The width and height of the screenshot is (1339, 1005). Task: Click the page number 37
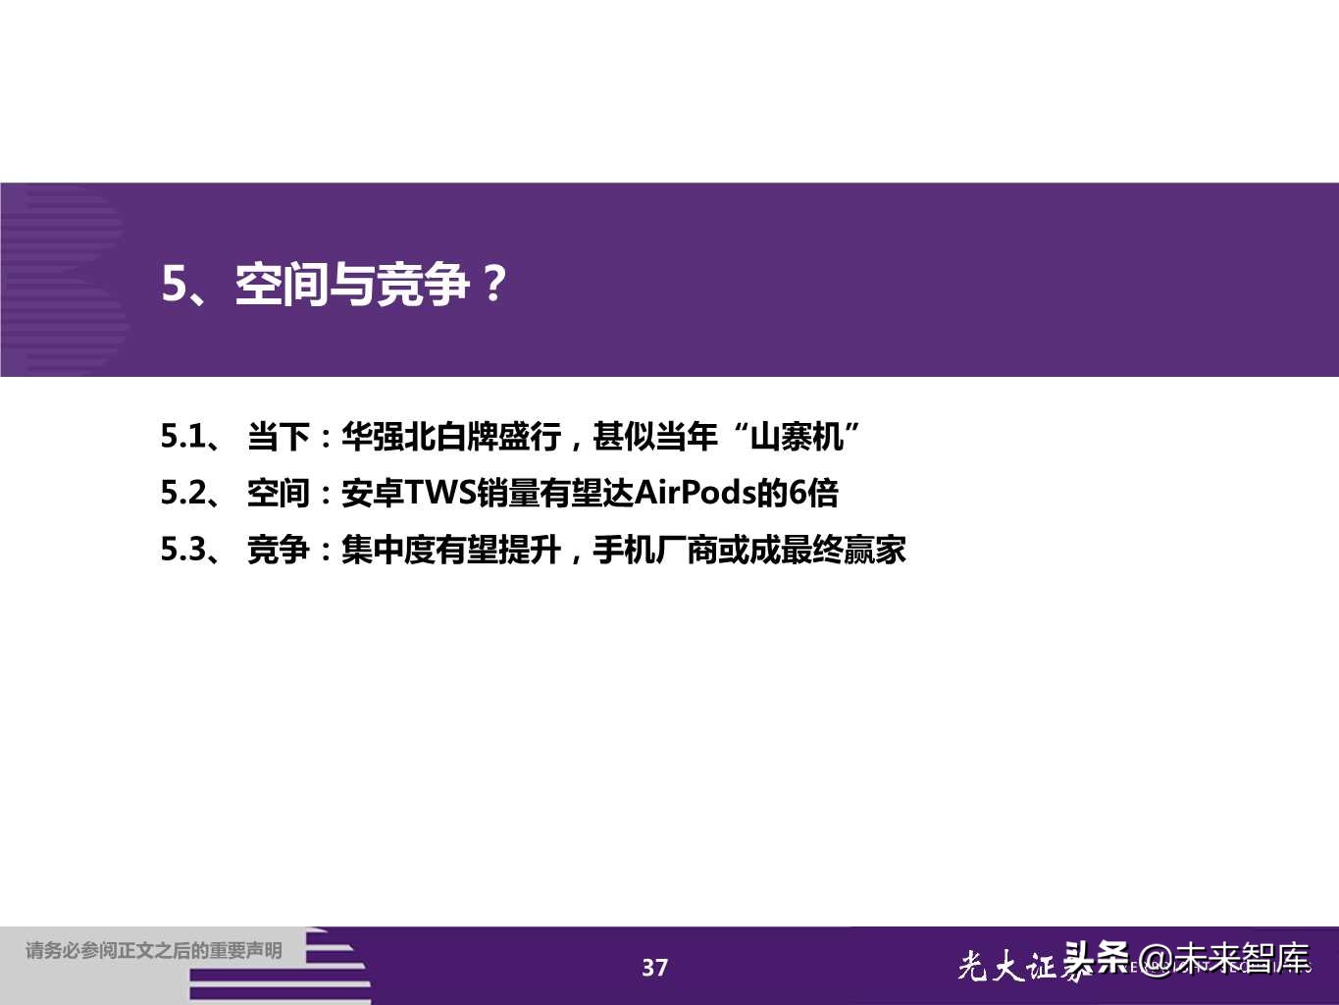pos(654,968)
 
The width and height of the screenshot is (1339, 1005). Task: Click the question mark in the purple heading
pos(494,285)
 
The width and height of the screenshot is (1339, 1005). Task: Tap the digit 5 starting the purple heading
pos(174,285)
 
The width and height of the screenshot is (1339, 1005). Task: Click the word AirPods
pos(695,493)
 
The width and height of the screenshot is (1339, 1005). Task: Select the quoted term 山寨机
pos(797,436)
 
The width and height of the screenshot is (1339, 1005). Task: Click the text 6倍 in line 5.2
pos(814,493)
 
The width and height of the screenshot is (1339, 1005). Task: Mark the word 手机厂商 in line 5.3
pos(655,550)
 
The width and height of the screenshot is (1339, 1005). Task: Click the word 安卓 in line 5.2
pos(372,493)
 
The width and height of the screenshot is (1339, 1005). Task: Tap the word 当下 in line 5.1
pos(278,436)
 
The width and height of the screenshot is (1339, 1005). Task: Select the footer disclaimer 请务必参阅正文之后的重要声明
pos(154,950)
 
